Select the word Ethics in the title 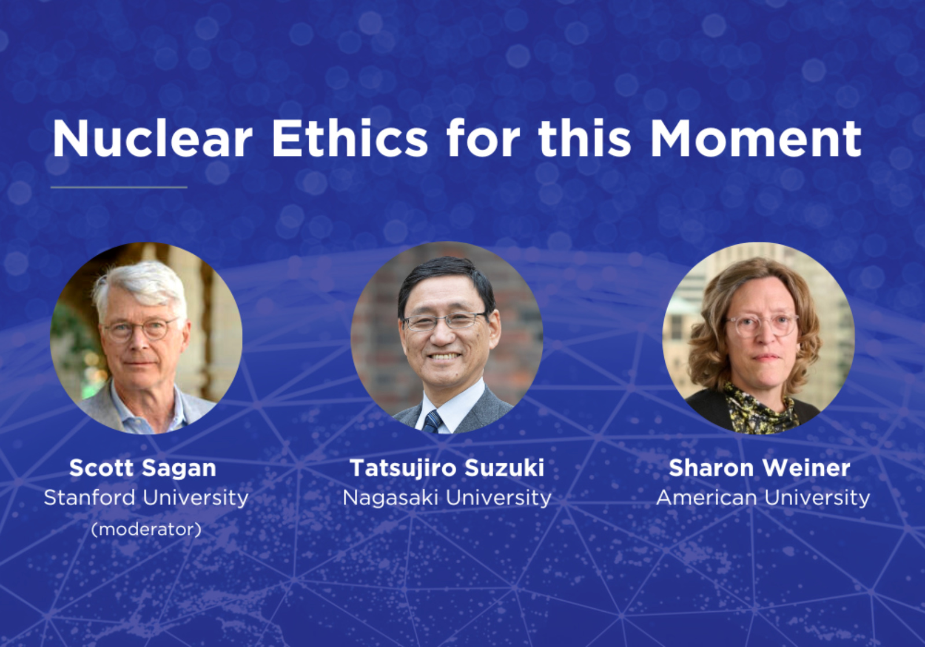[x=350, y=139]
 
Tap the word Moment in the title [x=756, y=139]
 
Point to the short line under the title [x=119, y=187]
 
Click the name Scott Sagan [x=143, y=468]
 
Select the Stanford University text [x=146, y=497]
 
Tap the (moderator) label [x=146, y=529]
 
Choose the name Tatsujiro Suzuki [x=447, y=468]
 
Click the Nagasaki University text [x=447, y=497]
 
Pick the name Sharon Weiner [x=759, y=468]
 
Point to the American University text [x=763, y=497]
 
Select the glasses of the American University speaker [x=762, y=325]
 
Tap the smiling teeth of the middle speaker [x=445, y=356]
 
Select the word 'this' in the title [x=584, y=139]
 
